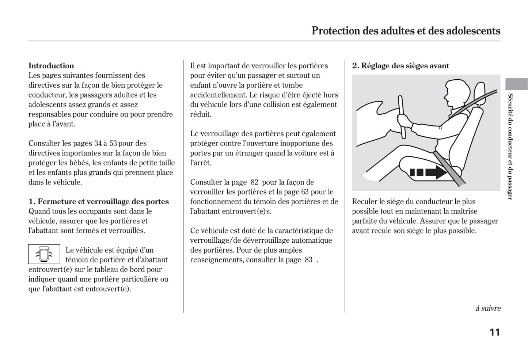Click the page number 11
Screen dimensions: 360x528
coord(494,332)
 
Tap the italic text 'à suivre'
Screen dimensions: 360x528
coord(488,308)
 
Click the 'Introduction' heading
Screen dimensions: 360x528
coord(51,66)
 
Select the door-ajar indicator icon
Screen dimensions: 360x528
coord(44,254)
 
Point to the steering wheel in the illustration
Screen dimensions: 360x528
coord(402,117)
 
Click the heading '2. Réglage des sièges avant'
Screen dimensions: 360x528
coord(400,66)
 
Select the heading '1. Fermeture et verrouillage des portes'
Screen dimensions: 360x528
coord(99,201)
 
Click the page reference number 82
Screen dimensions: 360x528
coord(254,182)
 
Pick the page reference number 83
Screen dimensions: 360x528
coord(308,259)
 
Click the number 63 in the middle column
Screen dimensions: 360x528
coord(305,192)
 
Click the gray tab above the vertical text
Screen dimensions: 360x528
coord(516,84)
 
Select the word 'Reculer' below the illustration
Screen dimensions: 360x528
coord(364,201)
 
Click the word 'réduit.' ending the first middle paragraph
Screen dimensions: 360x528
coord(201,114)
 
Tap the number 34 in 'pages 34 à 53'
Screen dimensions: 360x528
coord(98,143)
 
